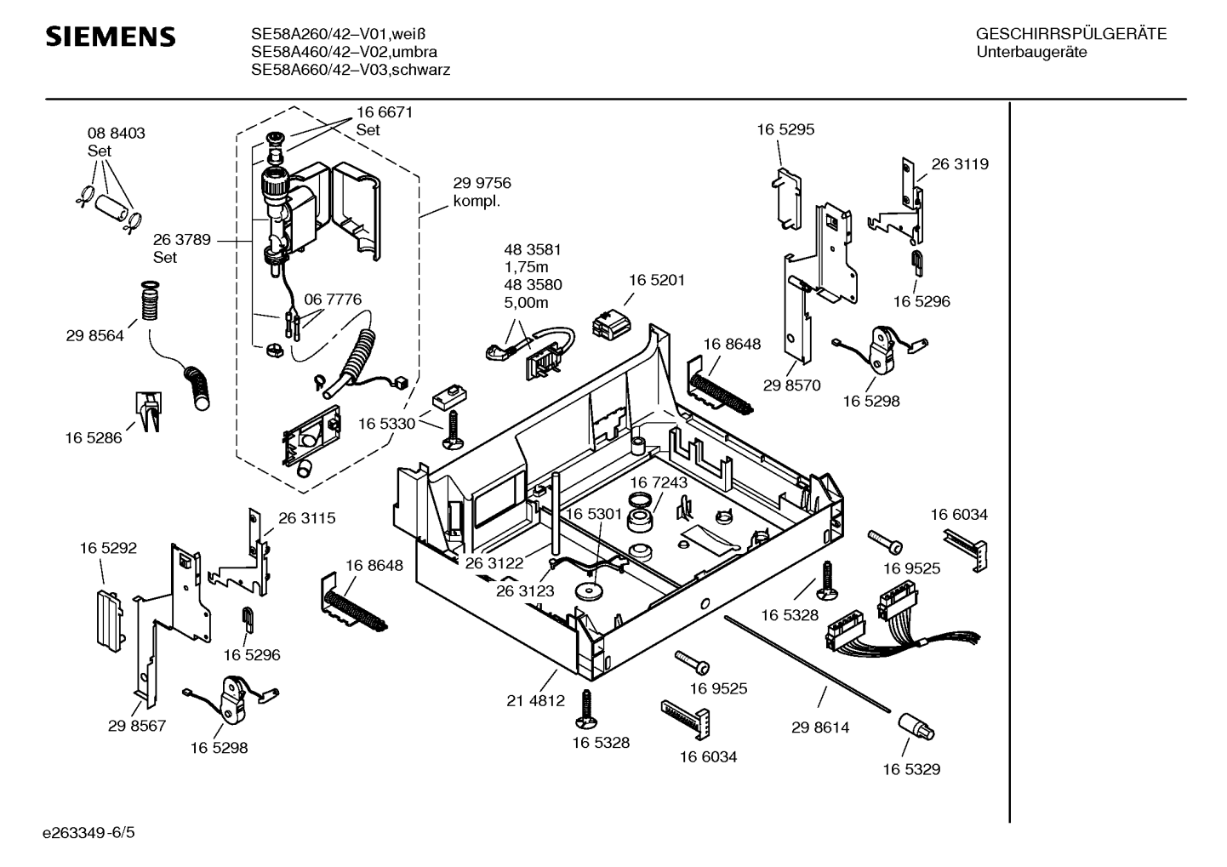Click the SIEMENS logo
(x=110, y=36)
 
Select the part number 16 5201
(x=656, y=280)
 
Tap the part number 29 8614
(x=819, y=727)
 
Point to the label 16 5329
(x=910, y=769)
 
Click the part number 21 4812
(x=535, y=700)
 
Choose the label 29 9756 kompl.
(x=482, y=192)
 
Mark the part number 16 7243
(x=659, y=482)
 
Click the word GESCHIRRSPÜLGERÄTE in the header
(x=1070, y=34)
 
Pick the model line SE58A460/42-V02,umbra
(x=344, y=52)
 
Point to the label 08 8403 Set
(x=116, y=142)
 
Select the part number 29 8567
(x=136, y=726)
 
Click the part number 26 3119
(x=960, y=164)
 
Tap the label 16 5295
(x=785, y=129)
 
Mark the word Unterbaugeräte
(x=1031, y=52)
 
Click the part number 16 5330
(x=386, y=423)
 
